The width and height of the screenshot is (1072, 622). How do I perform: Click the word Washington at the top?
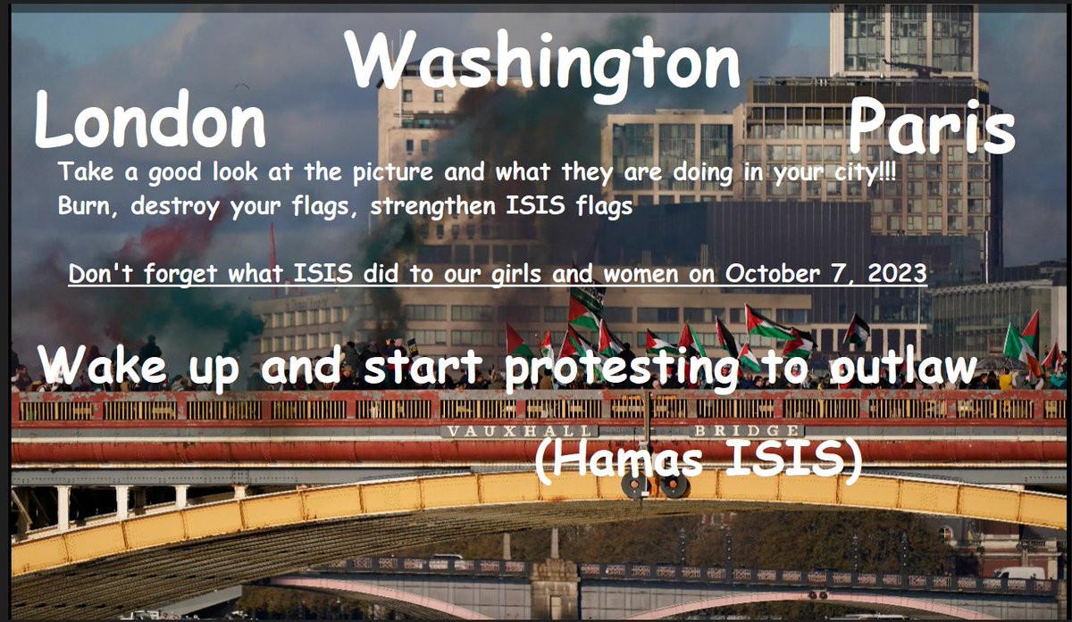[x=543, y=64]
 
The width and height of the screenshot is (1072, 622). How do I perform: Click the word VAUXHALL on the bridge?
[x=486, y=431]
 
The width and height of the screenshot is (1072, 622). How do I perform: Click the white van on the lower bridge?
[x=1018, y=572]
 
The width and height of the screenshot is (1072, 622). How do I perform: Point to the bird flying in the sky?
[x=239, y=87]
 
